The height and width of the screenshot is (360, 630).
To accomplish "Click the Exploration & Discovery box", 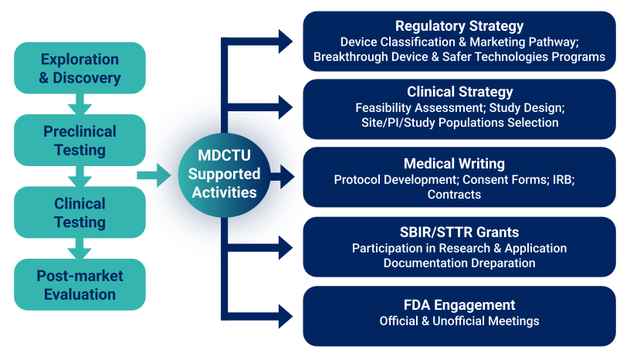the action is pos(80,68).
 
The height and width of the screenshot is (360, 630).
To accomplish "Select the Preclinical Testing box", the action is pos(80,140).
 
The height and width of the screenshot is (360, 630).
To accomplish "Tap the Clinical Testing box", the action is pos(80,212).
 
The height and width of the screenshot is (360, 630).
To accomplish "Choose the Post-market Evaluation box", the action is pos(80,284).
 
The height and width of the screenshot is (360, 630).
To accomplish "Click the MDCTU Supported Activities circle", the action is pos(224,175).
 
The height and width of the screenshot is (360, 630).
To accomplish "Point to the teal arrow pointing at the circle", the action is pos(154,175).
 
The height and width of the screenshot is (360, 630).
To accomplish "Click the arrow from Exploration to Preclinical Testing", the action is pos(80,104).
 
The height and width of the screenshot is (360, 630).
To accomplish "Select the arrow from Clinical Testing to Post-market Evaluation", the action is pos(80,248).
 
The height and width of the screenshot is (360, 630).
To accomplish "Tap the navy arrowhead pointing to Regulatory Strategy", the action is pos(286,41).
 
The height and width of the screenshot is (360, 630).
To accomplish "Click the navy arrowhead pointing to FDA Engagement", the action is pos(286,317).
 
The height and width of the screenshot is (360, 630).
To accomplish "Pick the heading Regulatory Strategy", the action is pos(459,25).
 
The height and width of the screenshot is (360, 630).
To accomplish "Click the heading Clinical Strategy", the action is pos(459,92).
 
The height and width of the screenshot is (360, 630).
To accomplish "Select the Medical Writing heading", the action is pos(454,164).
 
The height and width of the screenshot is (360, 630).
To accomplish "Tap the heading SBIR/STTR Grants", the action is pos(459,232).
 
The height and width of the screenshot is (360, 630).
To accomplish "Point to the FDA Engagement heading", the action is pos(459,305).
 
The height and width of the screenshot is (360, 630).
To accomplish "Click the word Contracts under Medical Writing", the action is pos(454,194).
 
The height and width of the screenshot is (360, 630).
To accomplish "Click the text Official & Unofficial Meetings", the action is pos(459,321).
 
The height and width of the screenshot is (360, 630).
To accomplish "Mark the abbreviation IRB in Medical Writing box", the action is pos(564,179).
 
